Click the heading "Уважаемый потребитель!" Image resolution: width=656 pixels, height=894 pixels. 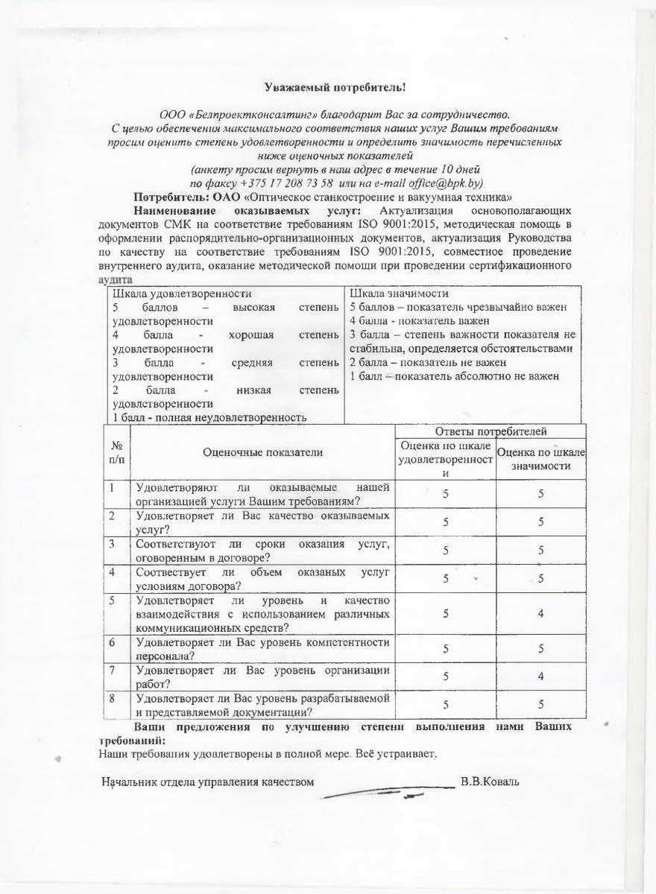point(335,87)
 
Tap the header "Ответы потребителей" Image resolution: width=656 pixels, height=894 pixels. point(490,431)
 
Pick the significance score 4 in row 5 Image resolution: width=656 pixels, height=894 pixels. point(541,613)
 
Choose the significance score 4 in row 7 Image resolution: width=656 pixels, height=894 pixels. point(541,676)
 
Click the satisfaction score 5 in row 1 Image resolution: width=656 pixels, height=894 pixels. point(445,493)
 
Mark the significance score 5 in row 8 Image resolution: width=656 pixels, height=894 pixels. point(541,703)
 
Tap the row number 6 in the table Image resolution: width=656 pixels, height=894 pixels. point(112,642)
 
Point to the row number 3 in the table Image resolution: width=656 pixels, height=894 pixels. point(112,543)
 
